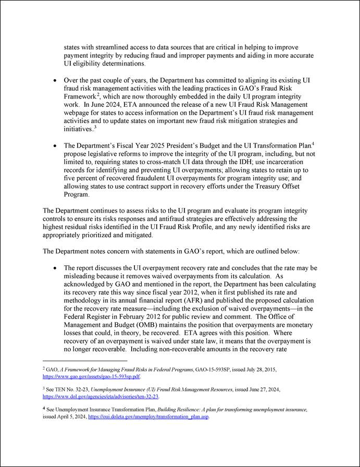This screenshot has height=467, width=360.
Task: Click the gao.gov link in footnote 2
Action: point(91,376)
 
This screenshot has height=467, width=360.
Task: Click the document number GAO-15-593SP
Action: point(210,369)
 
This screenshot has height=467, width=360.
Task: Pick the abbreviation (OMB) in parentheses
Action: point(135,326)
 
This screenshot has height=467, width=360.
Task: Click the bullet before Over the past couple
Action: point(56,81)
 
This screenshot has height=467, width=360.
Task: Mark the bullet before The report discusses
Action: point(56,267)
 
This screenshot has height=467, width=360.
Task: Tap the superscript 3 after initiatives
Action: point(95,127)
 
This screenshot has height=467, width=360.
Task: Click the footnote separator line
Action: point(85,360)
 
